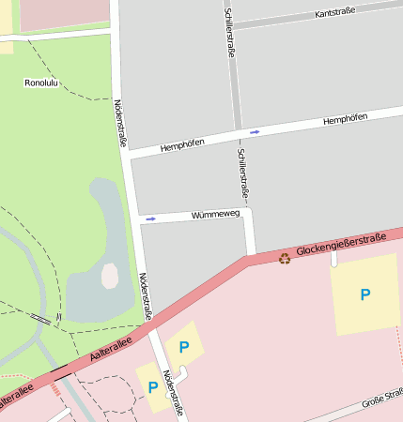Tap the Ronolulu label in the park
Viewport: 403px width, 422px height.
[x=42, y=83]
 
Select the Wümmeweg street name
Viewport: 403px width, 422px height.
[x=216, y=215]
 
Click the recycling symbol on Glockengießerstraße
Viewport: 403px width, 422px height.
[x=285, y=258]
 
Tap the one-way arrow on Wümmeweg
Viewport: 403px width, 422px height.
[x=148, y=219]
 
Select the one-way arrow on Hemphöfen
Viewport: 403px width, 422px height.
[x=255, y=132]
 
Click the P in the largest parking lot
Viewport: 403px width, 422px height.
[x=365, y=294]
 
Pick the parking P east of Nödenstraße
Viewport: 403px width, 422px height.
[x=184, y=348]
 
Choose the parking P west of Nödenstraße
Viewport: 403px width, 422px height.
[x=153, y=386]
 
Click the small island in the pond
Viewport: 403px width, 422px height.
[x=110, y=276]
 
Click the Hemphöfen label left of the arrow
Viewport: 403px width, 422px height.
[x=183, y=145]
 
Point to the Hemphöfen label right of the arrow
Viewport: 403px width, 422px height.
[x=344, y=120]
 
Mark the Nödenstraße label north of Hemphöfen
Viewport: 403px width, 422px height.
[x=120, y=122]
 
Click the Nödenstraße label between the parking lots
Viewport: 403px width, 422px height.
[x=171, y=393]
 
